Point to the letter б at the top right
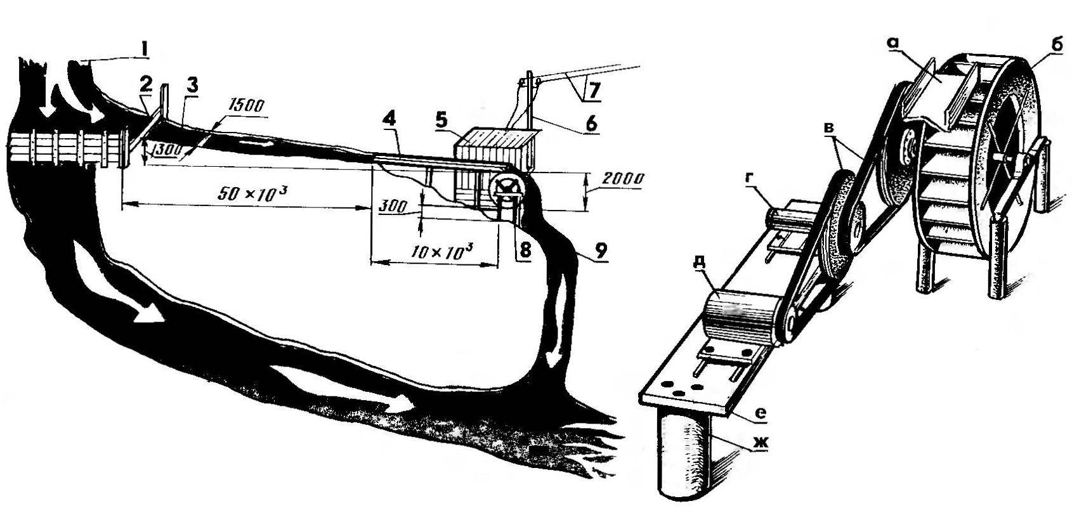(1042, 47)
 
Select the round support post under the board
(686, 457)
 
